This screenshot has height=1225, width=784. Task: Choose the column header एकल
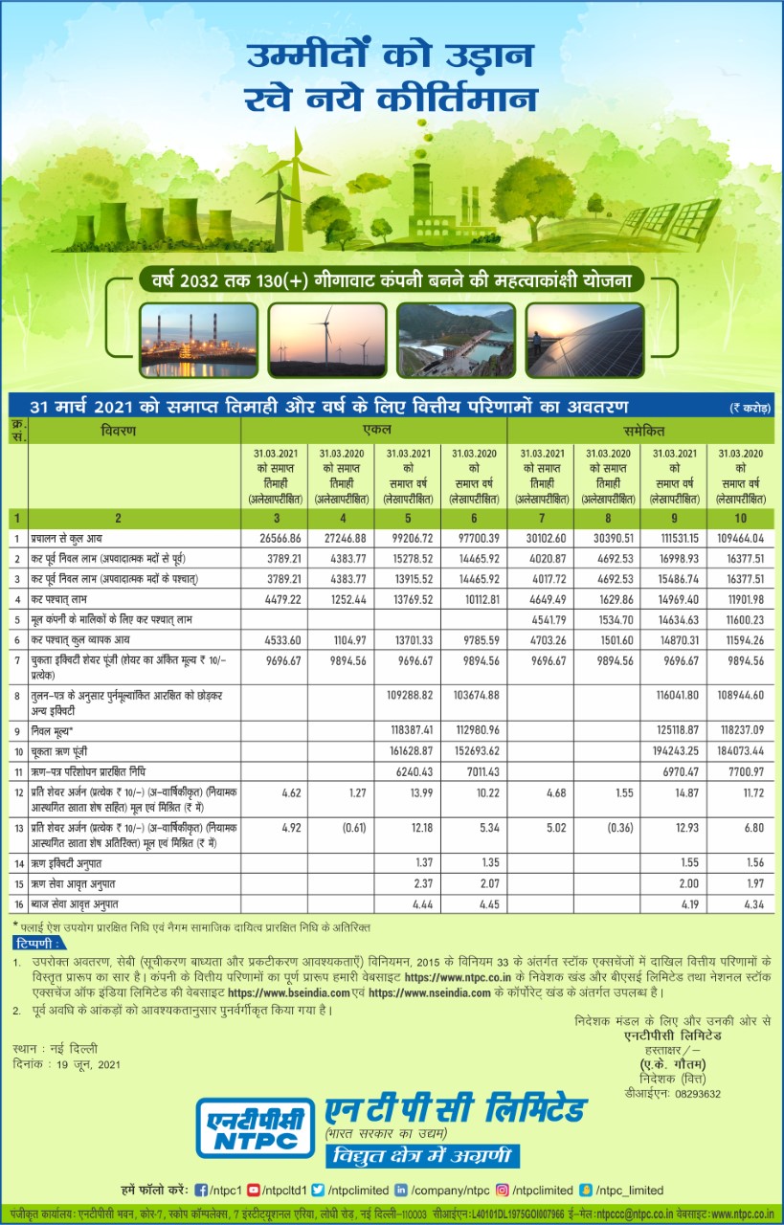point(376,431)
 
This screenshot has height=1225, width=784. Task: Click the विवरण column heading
point(119,431)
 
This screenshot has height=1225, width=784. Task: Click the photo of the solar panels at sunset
point(583,340)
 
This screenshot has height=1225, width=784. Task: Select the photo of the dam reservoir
point(456,340)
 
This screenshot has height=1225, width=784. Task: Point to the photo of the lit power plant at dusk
point(198,340)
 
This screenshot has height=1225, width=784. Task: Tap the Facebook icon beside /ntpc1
point(202,1190)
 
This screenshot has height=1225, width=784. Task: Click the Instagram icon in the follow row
point(502,1190)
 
